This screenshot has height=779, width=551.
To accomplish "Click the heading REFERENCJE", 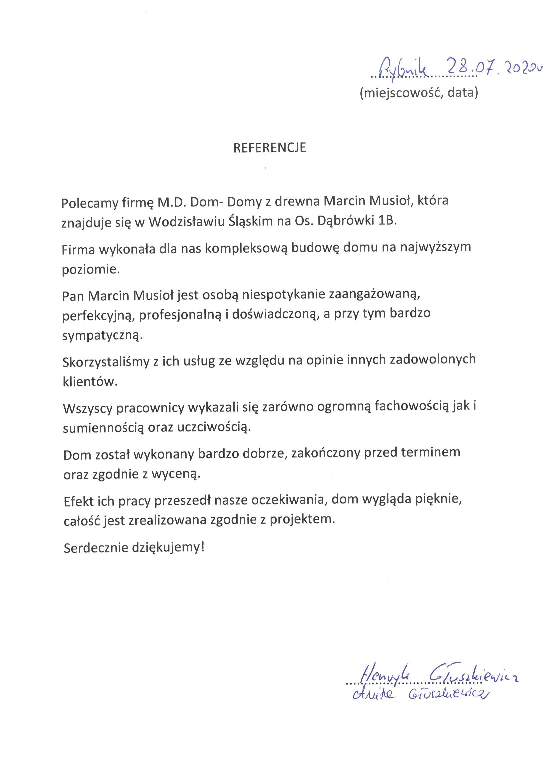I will coord(270,148).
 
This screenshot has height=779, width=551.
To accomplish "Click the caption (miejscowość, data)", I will coord(419,92).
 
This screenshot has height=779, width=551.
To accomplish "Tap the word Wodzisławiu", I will coord(186,222).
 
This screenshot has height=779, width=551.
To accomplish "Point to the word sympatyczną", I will coord(102,336).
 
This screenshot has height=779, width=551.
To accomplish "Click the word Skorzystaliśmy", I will coord(106,363).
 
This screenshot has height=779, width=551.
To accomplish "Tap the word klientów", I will coord(90,382).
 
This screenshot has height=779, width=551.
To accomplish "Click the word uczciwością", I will coord(214,427).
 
